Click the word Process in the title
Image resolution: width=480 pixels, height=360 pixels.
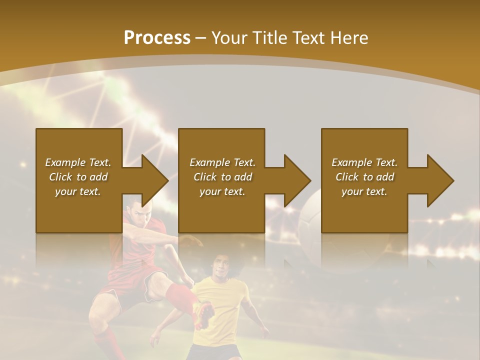click(x=157, y=38)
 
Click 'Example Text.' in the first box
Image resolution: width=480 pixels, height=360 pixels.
click(x=78, y=162)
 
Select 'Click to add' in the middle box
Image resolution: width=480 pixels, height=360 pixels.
click(x=222, y=177)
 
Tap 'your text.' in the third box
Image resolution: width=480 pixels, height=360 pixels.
click(x=364, y=191)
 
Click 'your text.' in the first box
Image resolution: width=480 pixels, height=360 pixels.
click(x=78, y=191)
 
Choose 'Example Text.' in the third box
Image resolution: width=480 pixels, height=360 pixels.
click(x=364, y=162)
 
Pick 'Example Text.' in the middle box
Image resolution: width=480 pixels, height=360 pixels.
click(x=222, y=162)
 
